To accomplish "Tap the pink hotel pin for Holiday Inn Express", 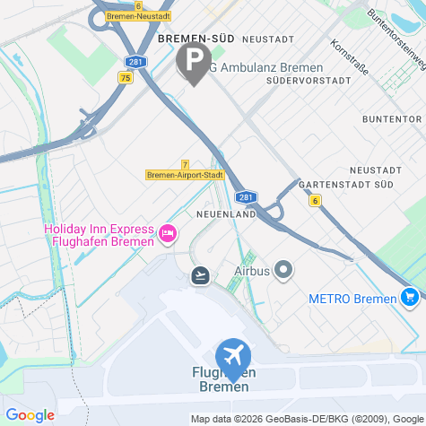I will click(x=167, y=234).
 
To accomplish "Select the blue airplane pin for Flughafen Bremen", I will click(x=233, y=355).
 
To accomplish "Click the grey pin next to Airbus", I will click(x=284, y=269).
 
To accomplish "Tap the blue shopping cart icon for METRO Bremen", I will click(x=410, y=295).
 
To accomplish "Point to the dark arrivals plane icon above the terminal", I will click(x=200, y=274).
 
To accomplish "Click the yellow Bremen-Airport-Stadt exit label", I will click(x=185, y=175).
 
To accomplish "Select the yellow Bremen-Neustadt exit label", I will click(x=140, y=16).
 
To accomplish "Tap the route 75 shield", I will click(x=124, y=78).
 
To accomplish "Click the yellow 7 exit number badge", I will click(x=185, y=164).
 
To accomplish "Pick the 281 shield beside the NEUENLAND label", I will click(x=245, y=197).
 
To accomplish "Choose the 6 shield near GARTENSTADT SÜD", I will click(x=316, y=200).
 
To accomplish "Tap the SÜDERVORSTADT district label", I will click(x=309, y=80).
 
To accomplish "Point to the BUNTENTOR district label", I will click(x=391, y=118).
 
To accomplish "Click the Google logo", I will click(x=30, y=415).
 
